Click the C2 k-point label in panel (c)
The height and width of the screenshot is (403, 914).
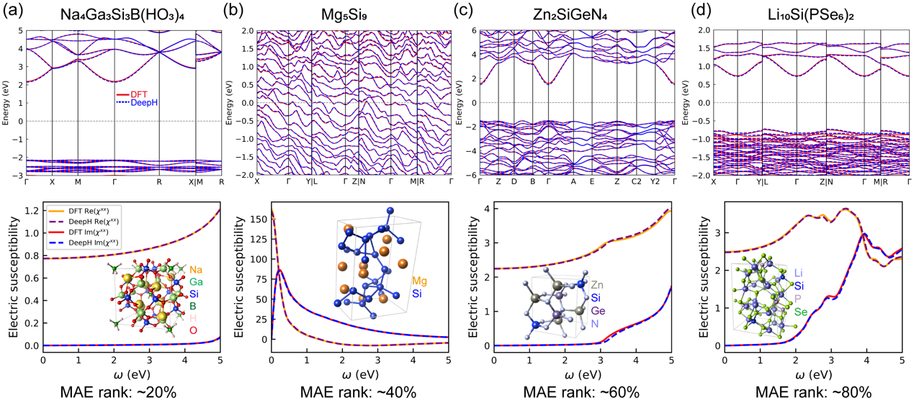click(x=636, y=182)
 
